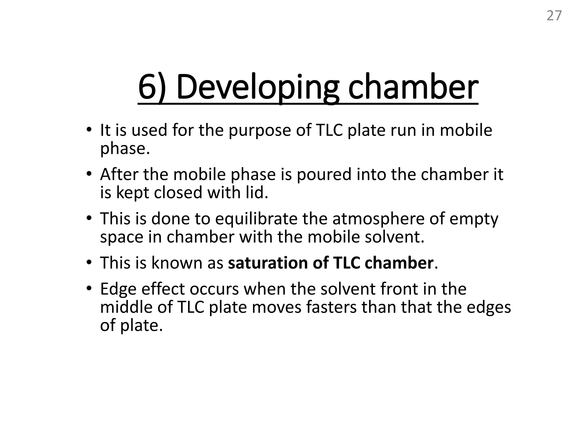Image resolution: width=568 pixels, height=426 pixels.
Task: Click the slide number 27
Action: click(554, 16)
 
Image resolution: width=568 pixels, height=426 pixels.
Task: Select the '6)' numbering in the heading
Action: click(152, 87)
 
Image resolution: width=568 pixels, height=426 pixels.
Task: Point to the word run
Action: click(403, 130)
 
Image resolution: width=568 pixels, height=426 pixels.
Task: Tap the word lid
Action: click(257, 192)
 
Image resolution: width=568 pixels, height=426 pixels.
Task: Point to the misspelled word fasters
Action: click(331, 307)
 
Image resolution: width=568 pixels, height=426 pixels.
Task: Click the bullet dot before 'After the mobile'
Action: click(88, 174)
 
